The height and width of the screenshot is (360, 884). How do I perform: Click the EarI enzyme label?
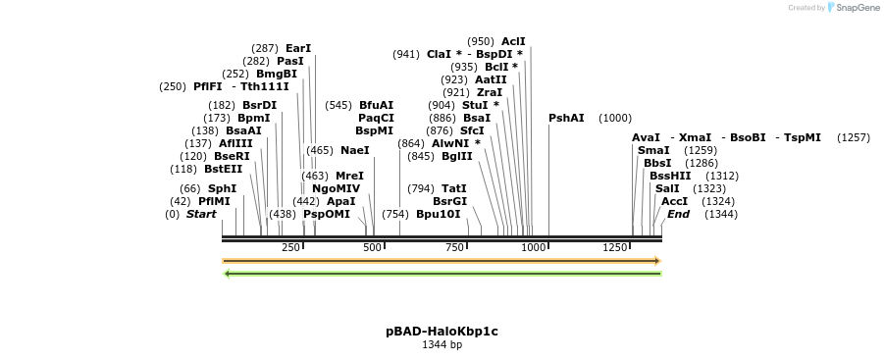[298, 48]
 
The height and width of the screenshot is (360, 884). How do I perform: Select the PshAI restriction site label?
[566, 119]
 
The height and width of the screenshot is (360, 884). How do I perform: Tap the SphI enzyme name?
[222, 189]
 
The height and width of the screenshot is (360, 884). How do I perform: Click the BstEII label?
[223, 169]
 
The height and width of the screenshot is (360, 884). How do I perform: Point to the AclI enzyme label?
[513, 41]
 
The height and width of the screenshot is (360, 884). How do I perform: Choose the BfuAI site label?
[376, 106]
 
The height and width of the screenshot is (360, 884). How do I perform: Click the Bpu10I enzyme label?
[438, 214]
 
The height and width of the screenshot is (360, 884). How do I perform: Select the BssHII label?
[670, 177]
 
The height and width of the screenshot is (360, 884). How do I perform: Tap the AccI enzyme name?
[675, 201]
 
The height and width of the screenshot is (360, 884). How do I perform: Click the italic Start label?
[201, 214]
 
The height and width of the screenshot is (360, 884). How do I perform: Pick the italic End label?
[679, 214]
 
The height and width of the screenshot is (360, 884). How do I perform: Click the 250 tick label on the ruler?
[290, 247]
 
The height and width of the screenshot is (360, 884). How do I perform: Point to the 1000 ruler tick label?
[534, 247]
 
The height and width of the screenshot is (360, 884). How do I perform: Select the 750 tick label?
[454, 247]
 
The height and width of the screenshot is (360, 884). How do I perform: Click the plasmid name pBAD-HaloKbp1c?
[442, 332]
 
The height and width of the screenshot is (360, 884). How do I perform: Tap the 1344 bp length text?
[442, 345]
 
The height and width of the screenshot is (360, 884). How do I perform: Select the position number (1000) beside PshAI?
[615, 119]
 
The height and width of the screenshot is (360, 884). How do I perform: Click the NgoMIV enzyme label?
[336, 188]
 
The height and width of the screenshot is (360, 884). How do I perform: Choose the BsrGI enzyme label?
[449, 201]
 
